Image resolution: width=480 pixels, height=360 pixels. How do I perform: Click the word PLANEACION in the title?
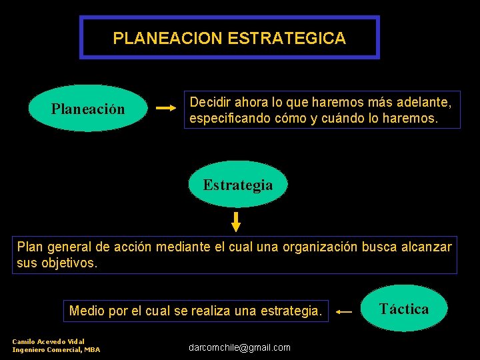(168, 38)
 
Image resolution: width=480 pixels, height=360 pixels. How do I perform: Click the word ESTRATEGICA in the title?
(287, 38)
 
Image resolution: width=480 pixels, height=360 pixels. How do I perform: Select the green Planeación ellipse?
(88, 108)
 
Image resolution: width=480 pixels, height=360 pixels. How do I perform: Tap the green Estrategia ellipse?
(238, 185)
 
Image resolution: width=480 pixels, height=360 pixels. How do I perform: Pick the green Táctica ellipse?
(404, 309)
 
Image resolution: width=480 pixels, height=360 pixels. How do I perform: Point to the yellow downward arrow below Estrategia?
(236, 221)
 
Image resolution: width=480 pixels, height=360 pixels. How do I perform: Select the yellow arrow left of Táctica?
(344, 311)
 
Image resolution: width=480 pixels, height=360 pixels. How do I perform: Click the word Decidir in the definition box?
(211, 103)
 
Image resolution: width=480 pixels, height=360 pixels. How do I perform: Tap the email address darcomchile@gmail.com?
(239, 347)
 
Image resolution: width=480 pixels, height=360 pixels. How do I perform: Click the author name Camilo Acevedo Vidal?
(48, 341)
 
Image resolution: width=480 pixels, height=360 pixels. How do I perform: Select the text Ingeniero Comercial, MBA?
(56, 349)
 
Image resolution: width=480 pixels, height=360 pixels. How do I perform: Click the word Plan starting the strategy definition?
(29, 247)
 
